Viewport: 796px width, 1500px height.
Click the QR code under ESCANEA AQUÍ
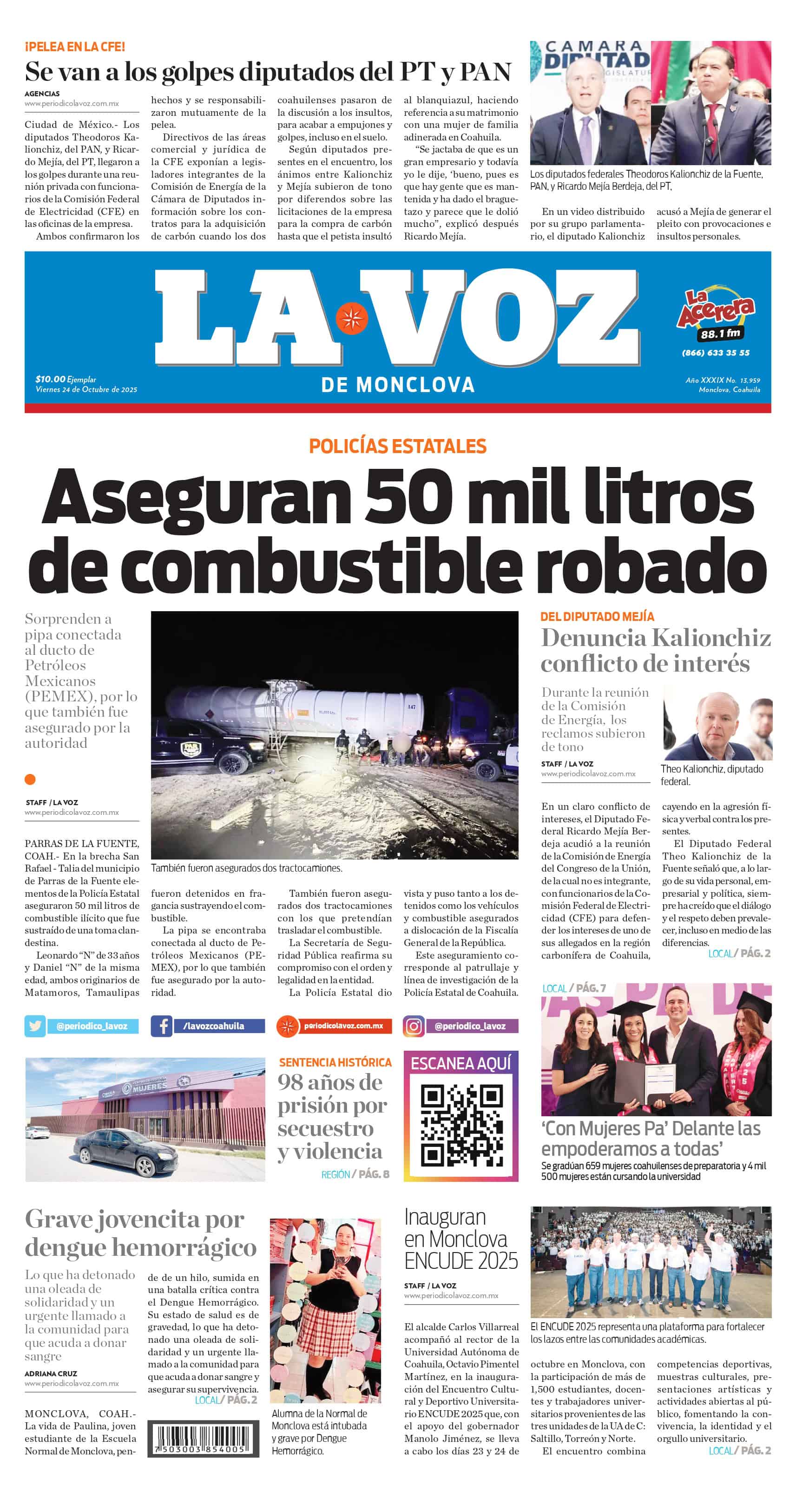[x=461, y=1126]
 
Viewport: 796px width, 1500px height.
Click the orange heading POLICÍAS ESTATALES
[x=397, y=446]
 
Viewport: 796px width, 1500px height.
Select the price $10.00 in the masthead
[x=50, y=379]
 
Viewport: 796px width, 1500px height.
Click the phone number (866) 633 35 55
[x=715, y=352]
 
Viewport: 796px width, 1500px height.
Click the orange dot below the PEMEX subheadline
[x=30, y=779]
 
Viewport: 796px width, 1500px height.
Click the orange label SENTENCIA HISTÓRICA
[x=335, y=1062]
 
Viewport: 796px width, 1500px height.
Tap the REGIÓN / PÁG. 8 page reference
[x=355, y=1174]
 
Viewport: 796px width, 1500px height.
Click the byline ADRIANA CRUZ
[x=51, y=1373]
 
